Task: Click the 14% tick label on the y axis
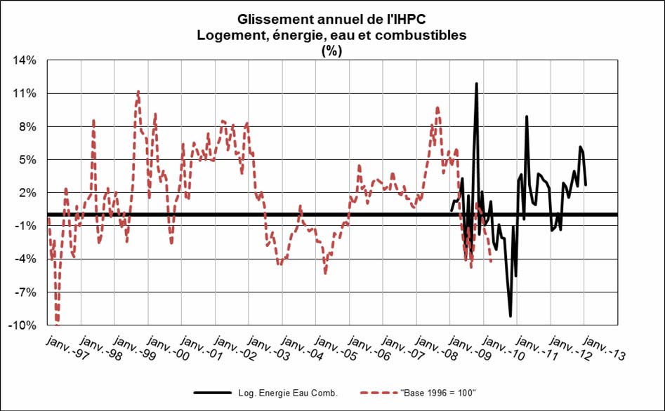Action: (25, 60)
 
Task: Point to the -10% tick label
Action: (23, 325)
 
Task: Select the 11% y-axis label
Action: (25, 93)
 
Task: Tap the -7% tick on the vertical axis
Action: (25, 292)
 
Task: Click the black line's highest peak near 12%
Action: (476, 83)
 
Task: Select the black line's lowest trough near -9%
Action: (511, 316)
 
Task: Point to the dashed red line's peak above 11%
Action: (138, 91)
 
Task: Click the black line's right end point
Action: (586, 185)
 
